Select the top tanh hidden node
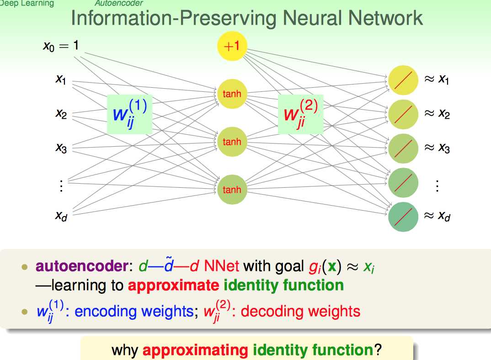(x=232, y=94)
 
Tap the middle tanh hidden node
(x=232, y=142)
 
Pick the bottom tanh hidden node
(x=232, y=189)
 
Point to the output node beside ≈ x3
(x=403, y=148)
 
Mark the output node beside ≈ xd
(x=403, y=216)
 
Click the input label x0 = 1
(x=61, y=46)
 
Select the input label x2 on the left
(x=61, y=114)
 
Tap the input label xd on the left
(x=61, y=216)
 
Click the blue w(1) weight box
(x=129, y=114)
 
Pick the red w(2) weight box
(x=300, y=114)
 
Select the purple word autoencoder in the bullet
(x=82, y=266)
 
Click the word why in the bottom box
(x=125, y=350)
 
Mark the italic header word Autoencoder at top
(x=112, y=4)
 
